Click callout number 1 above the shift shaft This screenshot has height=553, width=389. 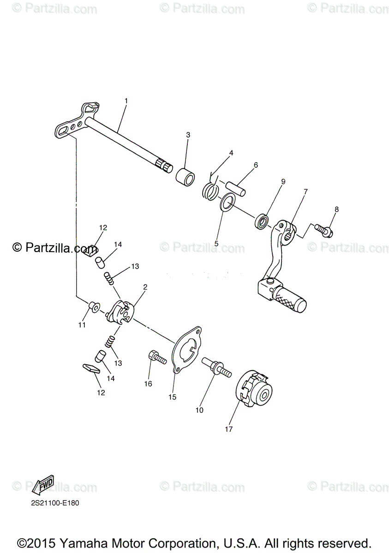click(126, 100)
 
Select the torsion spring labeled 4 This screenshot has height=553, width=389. click(210, 189)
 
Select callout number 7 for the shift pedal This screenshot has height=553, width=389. click(305, 191)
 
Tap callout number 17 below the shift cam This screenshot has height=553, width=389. click(229, 429)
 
